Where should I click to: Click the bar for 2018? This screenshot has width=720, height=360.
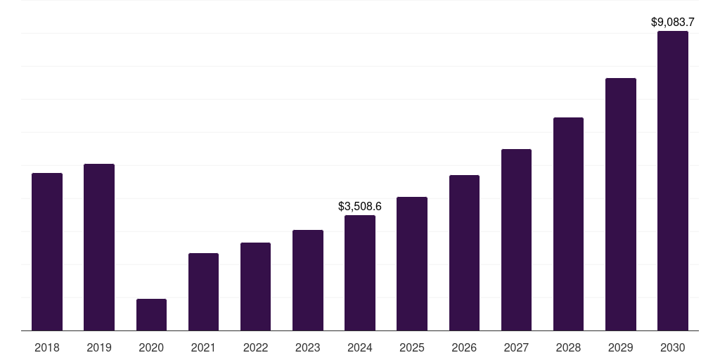click(47, 252)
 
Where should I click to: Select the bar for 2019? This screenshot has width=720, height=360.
click(99, 247)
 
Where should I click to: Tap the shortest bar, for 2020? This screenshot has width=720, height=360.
click(151, 315)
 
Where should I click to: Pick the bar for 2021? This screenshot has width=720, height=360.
click(203, 292)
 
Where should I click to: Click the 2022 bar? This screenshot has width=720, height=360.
click(255, 287)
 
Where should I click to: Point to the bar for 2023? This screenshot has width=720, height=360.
click(308, 281)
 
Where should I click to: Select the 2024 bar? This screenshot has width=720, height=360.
click(360, 273)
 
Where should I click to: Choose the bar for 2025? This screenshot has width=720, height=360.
click(412, 264)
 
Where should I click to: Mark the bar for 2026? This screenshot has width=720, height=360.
click(464, 253)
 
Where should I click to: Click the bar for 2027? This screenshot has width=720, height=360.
click(516, 240)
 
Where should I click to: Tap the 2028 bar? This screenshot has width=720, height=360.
click(568, 224)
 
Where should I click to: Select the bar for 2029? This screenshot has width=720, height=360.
click(621, 205)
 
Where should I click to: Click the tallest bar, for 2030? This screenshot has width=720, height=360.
click(673, 181)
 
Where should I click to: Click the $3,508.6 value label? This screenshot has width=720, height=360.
click(360, 207)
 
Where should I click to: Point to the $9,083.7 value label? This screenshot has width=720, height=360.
click(673, 22)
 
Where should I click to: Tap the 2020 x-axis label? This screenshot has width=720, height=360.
click(151, 347)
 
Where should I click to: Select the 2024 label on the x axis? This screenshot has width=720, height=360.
click(360, 347)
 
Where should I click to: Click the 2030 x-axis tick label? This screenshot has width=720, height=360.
click(673, 347)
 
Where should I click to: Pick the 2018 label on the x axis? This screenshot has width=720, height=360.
click(47, 347)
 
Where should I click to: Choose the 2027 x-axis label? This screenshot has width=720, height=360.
click(516, 347)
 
